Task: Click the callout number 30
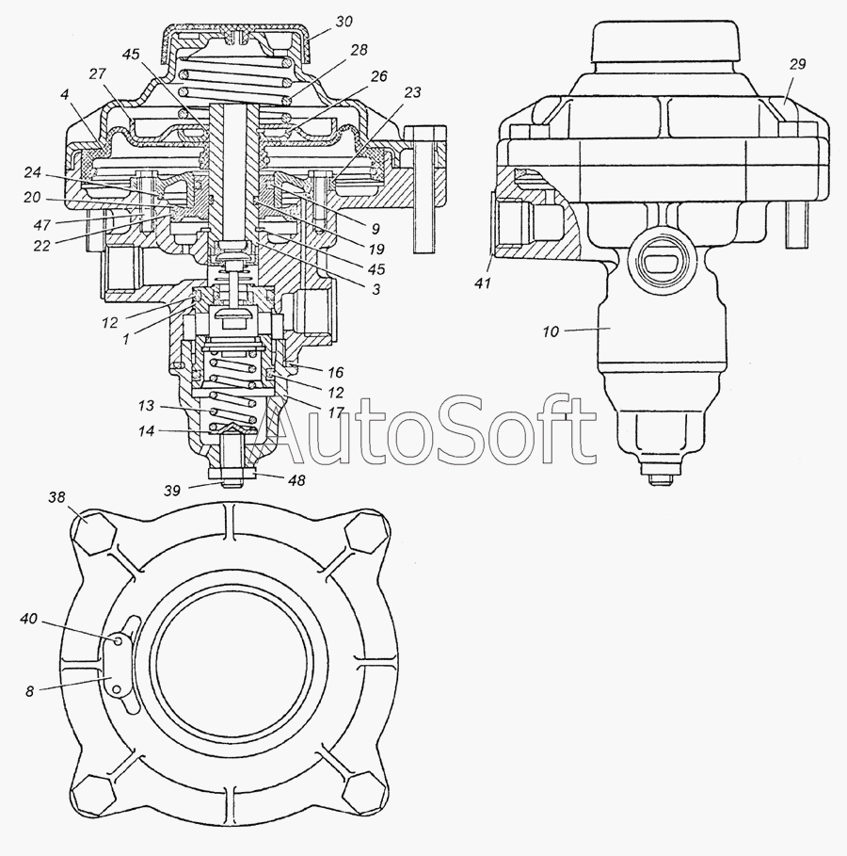coord(344,22)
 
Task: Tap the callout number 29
coord(797,64)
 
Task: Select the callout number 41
coord(483,283)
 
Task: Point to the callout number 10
coord(551,331)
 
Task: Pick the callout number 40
coord(29,619)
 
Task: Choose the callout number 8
coord(29,692)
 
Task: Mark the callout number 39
coord(172,491)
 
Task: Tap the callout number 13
coord(146,406)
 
